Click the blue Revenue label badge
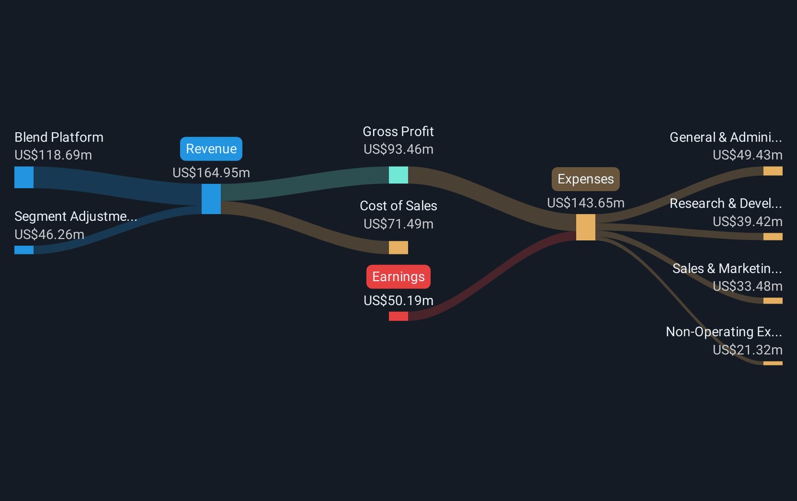211,149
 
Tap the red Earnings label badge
398,276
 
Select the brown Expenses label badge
586,179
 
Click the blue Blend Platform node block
24,177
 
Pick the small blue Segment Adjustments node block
24,250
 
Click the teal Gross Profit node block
398,175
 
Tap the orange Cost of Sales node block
398,247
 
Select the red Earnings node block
398,316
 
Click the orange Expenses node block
586,227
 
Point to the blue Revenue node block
211,199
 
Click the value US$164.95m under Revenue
211,173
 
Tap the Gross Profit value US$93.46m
398,149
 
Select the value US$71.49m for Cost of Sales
398,224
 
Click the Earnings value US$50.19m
398,301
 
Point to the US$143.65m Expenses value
586,203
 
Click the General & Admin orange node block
773,171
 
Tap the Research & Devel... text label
726,204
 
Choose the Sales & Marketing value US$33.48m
748,286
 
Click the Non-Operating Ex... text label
724,332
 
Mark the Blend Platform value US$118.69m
53,155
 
